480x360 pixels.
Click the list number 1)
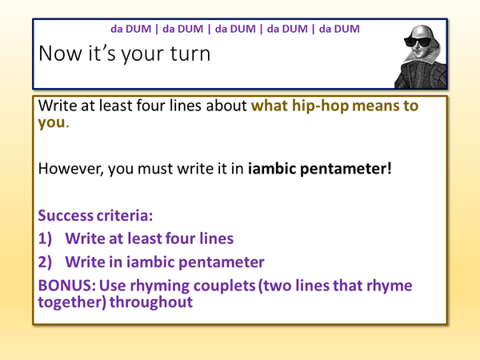(x=47, y=238)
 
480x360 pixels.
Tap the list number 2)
(x=47, y=262)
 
